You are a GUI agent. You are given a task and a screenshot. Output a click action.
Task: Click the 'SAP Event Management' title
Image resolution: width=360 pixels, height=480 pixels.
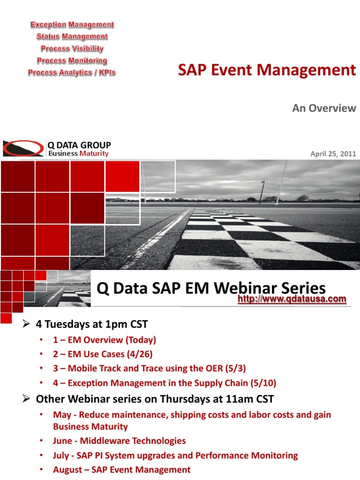267,70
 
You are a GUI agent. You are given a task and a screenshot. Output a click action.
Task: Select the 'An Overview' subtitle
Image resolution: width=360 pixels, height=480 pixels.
324,108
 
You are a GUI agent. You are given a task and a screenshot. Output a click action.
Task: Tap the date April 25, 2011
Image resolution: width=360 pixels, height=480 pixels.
333,153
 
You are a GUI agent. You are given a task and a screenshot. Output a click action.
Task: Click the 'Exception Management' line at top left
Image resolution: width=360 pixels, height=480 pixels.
72,24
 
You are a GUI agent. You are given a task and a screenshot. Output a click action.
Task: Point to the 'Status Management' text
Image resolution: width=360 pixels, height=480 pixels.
72,37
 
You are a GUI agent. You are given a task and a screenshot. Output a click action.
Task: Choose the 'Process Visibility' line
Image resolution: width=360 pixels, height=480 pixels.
72,49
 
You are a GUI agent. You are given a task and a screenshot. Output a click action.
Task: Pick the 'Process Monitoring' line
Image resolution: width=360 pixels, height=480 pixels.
72,61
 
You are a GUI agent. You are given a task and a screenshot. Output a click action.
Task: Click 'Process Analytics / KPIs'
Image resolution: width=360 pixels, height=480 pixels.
72,73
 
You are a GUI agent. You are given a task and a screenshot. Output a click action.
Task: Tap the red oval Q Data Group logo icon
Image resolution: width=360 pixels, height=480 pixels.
23,148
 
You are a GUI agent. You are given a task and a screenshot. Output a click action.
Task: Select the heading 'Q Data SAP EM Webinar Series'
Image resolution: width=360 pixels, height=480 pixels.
211,288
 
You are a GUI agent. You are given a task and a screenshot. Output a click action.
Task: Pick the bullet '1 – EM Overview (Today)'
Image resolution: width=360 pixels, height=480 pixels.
105,340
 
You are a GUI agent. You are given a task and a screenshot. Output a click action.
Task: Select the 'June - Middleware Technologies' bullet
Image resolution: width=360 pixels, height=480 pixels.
119,441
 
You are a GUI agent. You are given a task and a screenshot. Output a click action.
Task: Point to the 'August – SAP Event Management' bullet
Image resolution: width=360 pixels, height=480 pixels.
122,470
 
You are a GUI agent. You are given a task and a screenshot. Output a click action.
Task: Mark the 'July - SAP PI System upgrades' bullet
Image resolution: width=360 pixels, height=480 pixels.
175,455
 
